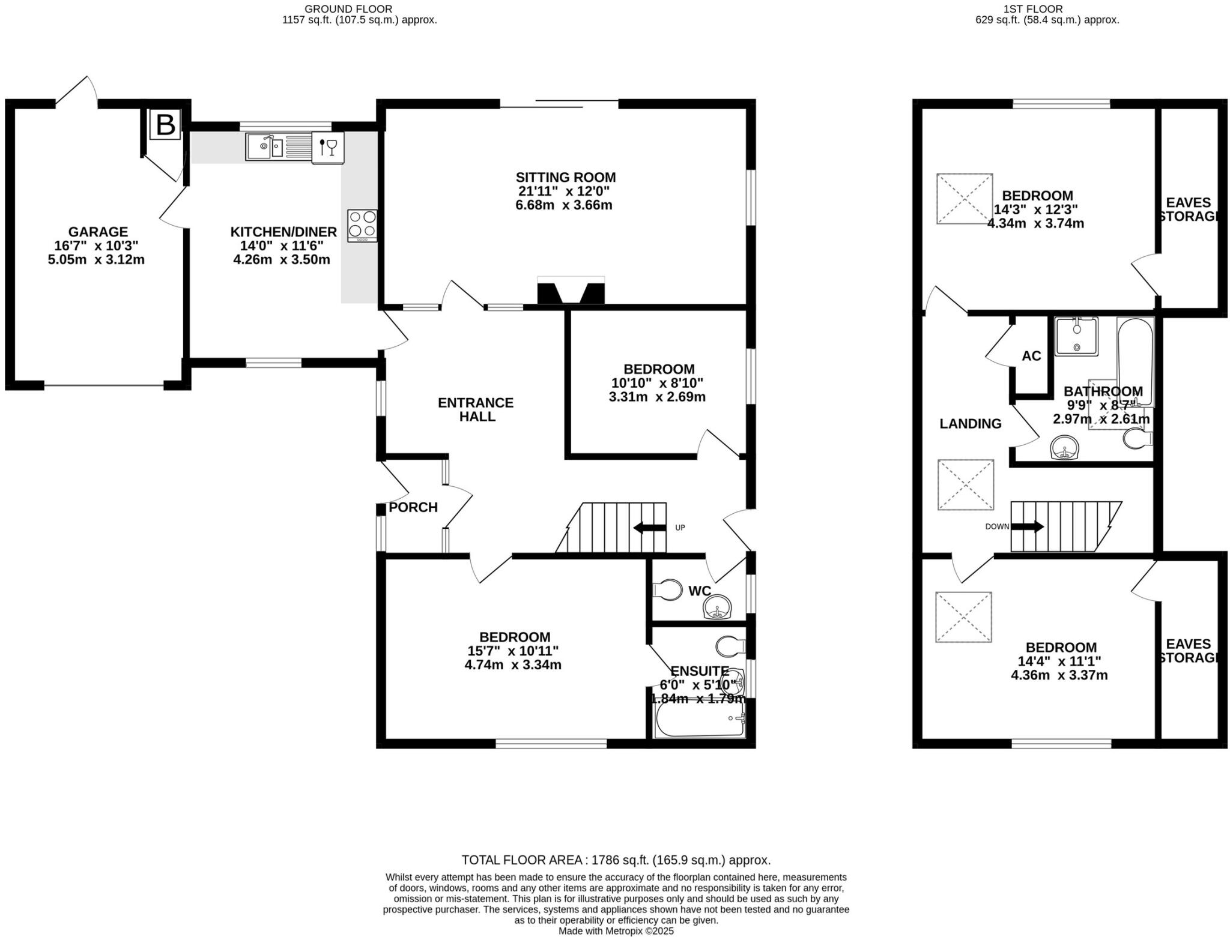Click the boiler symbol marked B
click(165, 125)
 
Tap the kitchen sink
click(264, 147)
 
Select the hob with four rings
click(362, 225)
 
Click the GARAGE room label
click(98, 232)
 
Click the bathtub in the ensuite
click(700, 719)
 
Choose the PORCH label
click(413, 508)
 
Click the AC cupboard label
click(1031, 356)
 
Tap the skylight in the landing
click(965, 484)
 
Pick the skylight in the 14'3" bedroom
click(965, 199)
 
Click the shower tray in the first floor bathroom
click(1076, 337)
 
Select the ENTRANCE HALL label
click(476, 409)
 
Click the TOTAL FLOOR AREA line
click(616, 860)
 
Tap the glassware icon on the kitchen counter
click(328, 147)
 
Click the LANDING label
click(970, 424)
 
